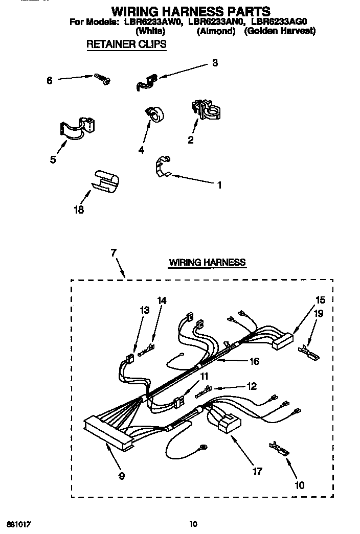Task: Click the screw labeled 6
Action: click(102, 79)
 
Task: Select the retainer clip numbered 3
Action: click(147, 81)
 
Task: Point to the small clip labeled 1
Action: click(163, 167)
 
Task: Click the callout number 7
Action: click(113, 252)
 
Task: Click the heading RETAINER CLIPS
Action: click(126, 44)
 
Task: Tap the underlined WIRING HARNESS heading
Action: click(207, 263)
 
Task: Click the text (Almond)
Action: click(216, 31)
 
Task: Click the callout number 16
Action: click(253, 361)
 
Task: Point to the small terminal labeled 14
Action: click(147, 351)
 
